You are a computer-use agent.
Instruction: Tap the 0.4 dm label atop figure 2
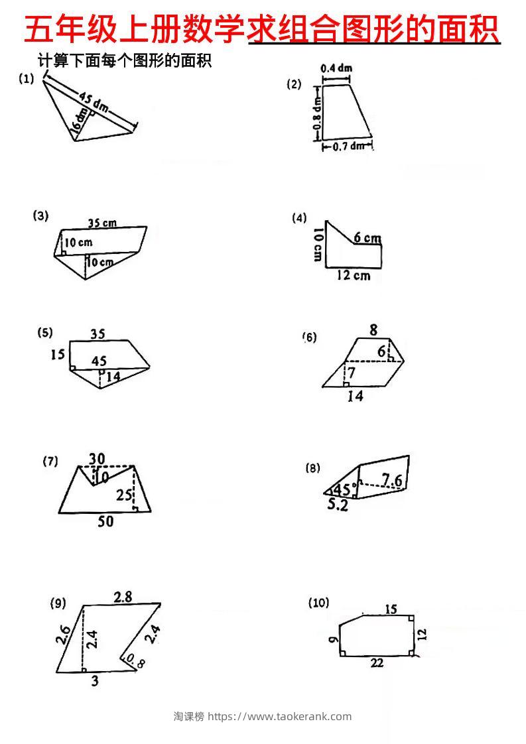coord(336,68)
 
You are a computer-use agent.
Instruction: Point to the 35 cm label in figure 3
coord(101,223)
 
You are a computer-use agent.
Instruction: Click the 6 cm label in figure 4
coord(367,238)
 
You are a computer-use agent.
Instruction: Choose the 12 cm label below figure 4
coord(353,275)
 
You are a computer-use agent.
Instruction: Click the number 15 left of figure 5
coord(58,355)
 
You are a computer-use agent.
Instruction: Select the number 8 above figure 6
coord(373,330)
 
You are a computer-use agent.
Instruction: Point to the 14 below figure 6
coord(356,397)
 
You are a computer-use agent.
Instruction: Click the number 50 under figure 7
coord(105,522)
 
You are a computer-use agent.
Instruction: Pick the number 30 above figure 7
coord(97,458)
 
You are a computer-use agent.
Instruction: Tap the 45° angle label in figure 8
coord(343,490)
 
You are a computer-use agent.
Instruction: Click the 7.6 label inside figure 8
coord(392,479)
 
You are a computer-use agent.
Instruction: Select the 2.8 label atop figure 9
coord(123,597)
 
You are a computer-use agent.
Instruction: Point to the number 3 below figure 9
coord(95,680)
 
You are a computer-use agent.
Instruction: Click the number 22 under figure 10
coord(377,663)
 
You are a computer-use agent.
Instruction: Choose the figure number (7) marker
coord(50,462)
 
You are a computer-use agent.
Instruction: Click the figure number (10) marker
coord(318,603)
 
